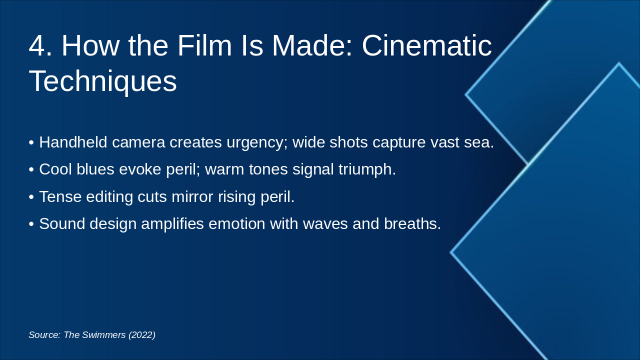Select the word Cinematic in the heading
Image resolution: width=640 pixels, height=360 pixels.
pos(426,46)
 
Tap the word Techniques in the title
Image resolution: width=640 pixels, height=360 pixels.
pos(102,81)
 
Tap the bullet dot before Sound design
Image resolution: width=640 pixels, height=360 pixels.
pos(31,224)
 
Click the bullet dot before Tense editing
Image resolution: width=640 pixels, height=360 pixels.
pos(31,197)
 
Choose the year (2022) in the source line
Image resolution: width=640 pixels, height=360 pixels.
pos(142,335)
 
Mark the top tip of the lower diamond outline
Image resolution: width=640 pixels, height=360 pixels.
pos(618,63)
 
